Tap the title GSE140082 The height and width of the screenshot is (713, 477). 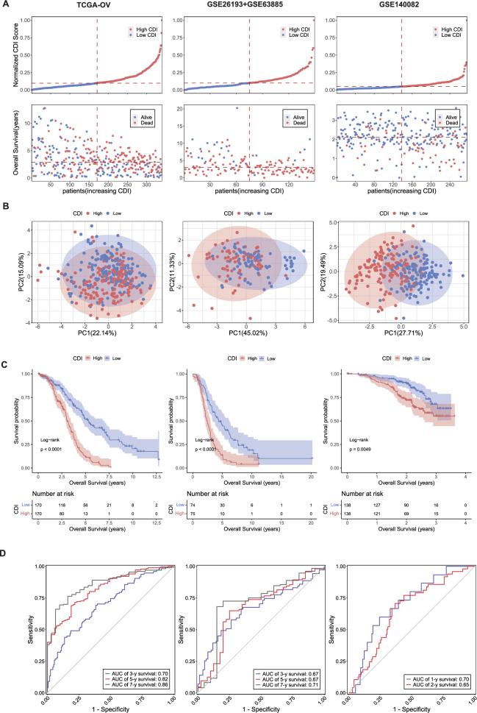click(401, 6)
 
